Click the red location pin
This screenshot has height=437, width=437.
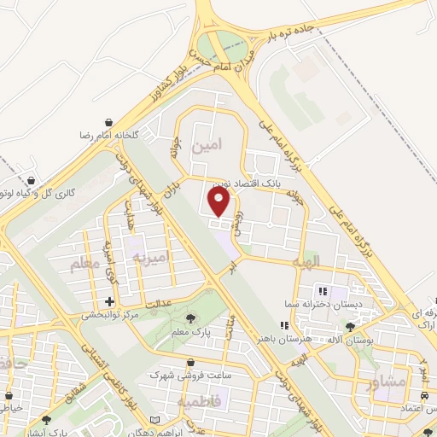point(220,201)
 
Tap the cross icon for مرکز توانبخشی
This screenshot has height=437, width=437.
point(109,301)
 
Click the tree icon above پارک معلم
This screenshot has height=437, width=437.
point(189,318)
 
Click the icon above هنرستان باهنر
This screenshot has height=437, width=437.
point(285,325)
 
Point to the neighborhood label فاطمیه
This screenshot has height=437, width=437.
point(199,401)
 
